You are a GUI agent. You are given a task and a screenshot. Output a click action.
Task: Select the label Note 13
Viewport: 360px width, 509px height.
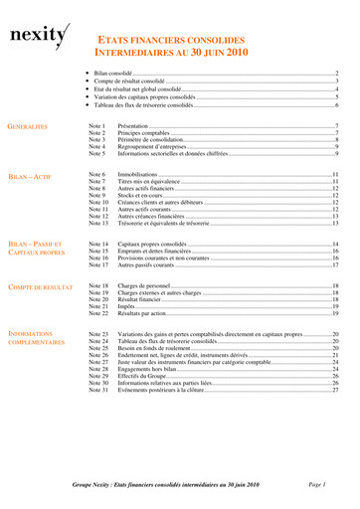pyautogui.click(x=97, y=225)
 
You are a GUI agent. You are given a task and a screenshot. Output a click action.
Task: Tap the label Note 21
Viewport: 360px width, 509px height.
pyautogui.click(x=97, y=309)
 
